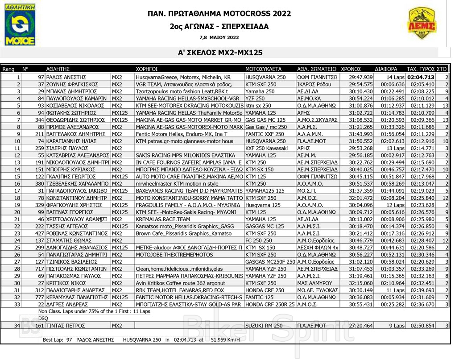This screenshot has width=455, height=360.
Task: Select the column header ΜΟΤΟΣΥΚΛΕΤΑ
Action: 264,69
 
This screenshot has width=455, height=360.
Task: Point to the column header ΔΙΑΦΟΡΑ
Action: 386,69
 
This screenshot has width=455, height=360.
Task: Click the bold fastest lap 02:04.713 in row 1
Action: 420,77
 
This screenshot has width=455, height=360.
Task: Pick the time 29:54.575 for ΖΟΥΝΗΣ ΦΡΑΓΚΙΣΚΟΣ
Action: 360,84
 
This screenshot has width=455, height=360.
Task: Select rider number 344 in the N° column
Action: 38,120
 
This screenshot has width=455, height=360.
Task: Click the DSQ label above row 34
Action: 43,319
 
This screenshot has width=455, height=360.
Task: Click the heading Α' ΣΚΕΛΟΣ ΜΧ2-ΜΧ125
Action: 220,53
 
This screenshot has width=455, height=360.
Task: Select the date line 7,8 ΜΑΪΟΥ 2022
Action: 219,37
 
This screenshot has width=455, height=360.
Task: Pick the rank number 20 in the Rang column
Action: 17,212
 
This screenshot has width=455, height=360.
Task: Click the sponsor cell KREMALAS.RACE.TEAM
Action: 163,219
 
